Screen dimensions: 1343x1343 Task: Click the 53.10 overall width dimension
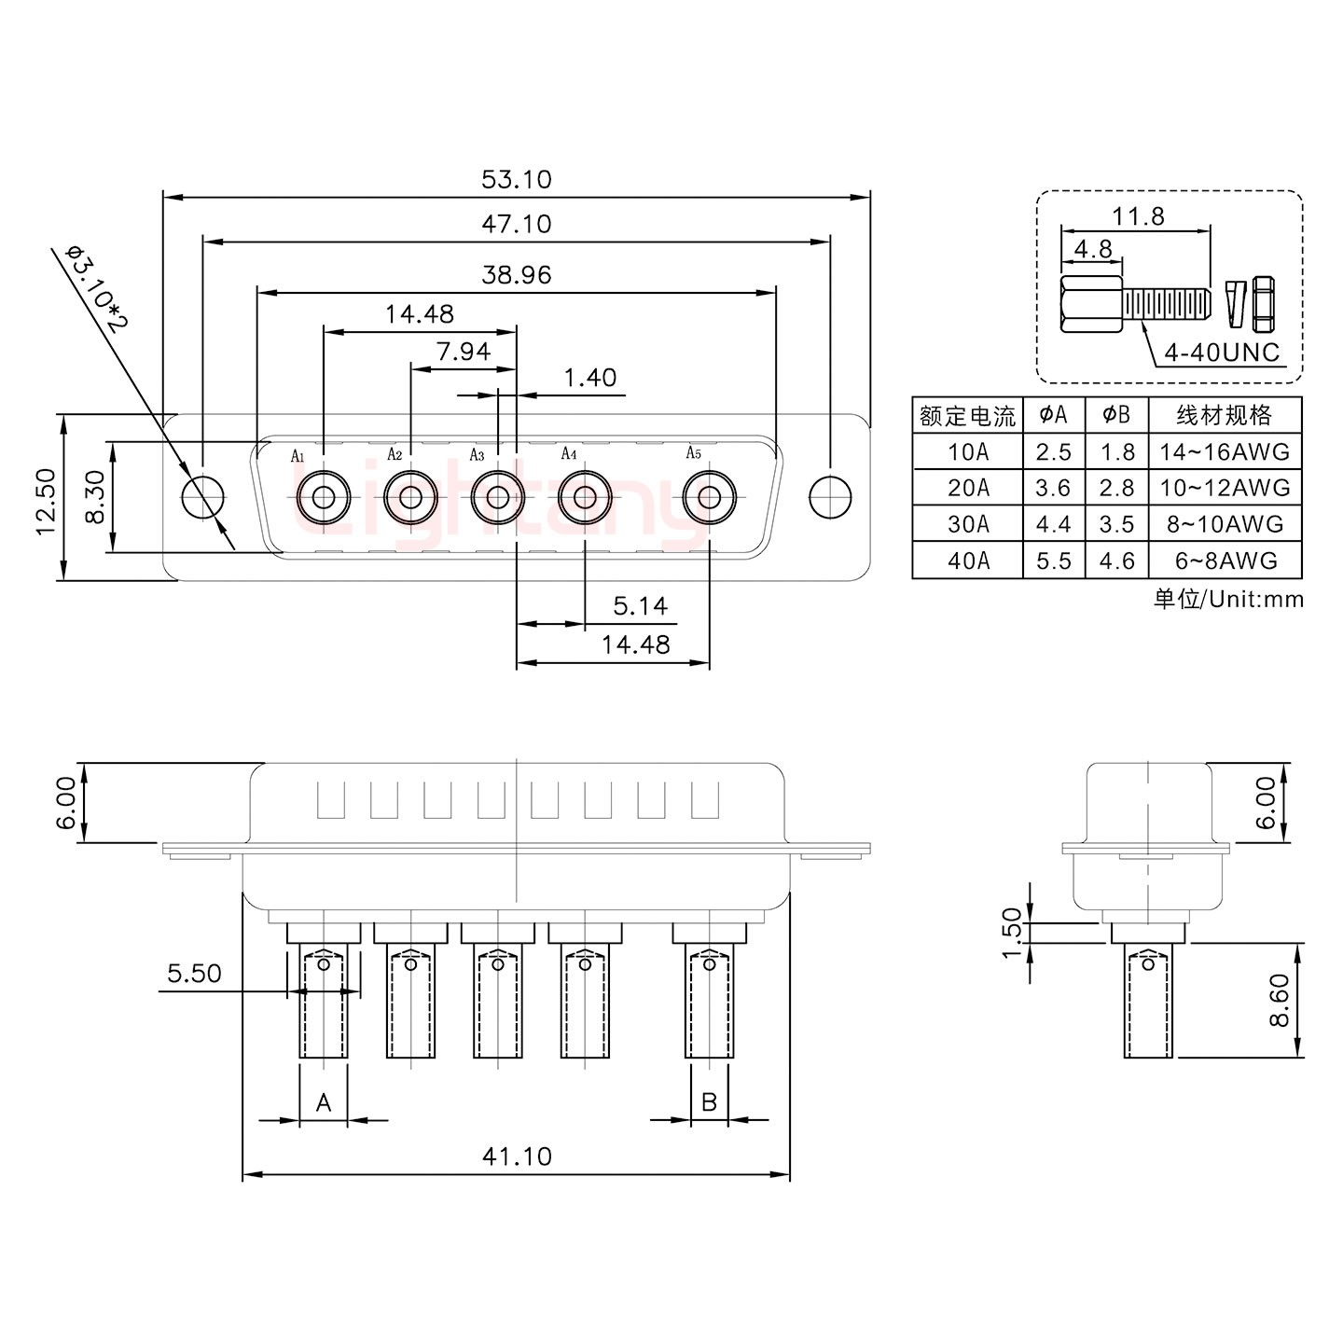pyautogui.click(x=516, y=179)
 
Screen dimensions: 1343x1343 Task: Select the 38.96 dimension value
pyautogui.click(x=516, y=275)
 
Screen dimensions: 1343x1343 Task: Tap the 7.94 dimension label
pyautogui.click(x=463, y=352)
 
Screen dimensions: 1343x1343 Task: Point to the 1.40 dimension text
pyautogui.click(x=589, y=378)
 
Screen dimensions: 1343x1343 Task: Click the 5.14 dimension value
pyautogui.click(x=640, y=607)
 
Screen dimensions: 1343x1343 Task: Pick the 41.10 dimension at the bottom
pyautogui.click(x=516, y=1156)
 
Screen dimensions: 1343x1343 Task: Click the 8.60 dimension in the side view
pyautogui.click(x=1280, y=1000)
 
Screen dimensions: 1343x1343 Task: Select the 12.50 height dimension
pyautogui.click(x=47, y=501)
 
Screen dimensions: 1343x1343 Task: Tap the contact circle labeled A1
pyautogui.click(x=324, y=497)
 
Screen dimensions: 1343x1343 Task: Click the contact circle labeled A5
pyautogui.click(x=710, y=497)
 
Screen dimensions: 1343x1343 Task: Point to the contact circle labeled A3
pyautogui.click(x=497, y=497)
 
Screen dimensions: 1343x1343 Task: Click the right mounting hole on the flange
pyautogui.click(x=829, y=497)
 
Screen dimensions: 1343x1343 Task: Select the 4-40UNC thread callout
pyautogui.click(x=1221, y=353)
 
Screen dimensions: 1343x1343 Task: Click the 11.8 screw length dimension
pyautogui.click(x=1138, y=217)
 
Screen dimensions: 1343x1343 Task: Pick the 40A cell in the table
pyautogui.click(x=967, y=561)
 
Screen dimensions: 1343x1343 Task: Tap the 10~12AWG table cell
pyautogui.click(x=1224, y=488)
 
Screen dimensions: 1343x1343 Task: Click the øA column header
pyautogui.click(x=1053, y=415)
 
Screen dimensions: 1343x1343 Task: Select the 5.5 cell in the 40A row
pyautogui.click(x=1053, y=561)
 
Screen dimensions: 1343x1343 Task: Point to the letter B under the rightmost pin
pyautogui.click(x=709, y=1102)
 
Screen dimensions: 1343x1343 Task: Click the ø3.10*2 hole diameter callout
pyautogui.click(x=96, y=289)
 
